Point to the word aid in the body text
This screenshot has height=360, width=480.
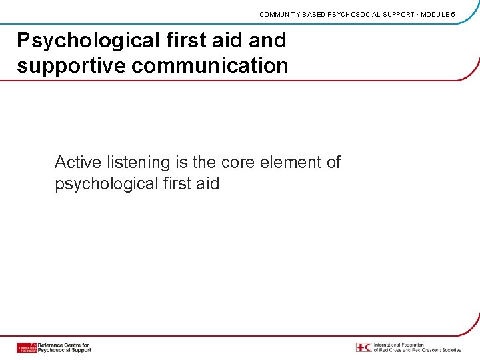(x=205, y=183)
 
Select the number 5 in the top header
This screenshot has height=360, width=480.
(x=453, y=14)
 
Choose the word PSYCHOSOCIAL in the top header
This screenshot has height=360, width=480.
(x=353, y=14)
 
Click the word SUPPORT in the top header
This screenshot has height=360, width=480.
(x=397, y=14)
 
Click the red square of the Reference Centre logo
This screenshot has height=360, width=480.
(x=27, y=347)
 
